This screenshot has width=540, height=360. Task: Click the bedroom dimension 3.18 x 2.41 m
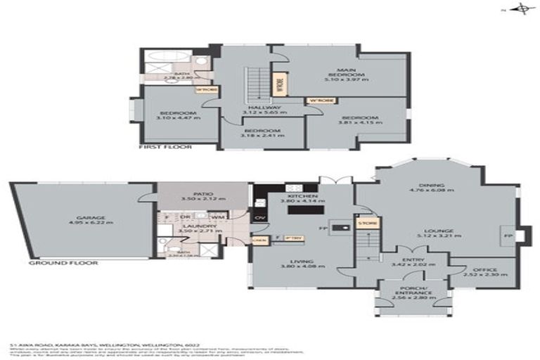(x=263, y=136)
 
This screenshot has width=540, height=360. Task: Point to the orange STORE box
(x=367, y=224)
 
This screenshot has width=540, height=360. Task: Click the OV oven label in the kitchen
(x=259, y=219)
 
